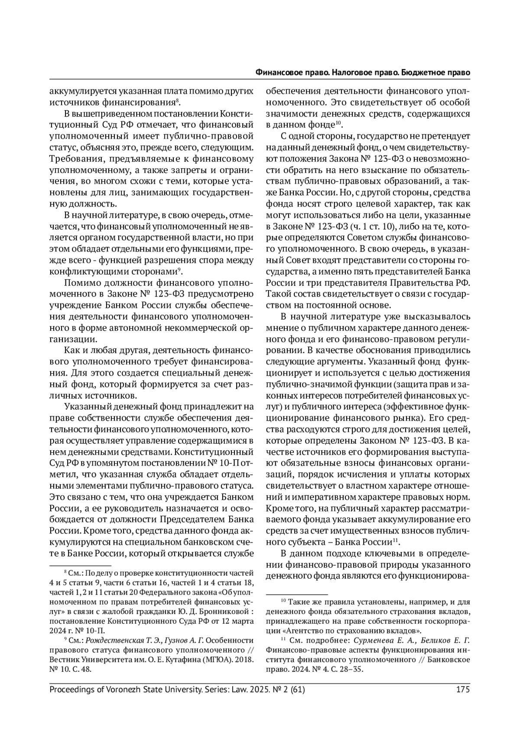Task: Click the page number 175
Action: (463, 689)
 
